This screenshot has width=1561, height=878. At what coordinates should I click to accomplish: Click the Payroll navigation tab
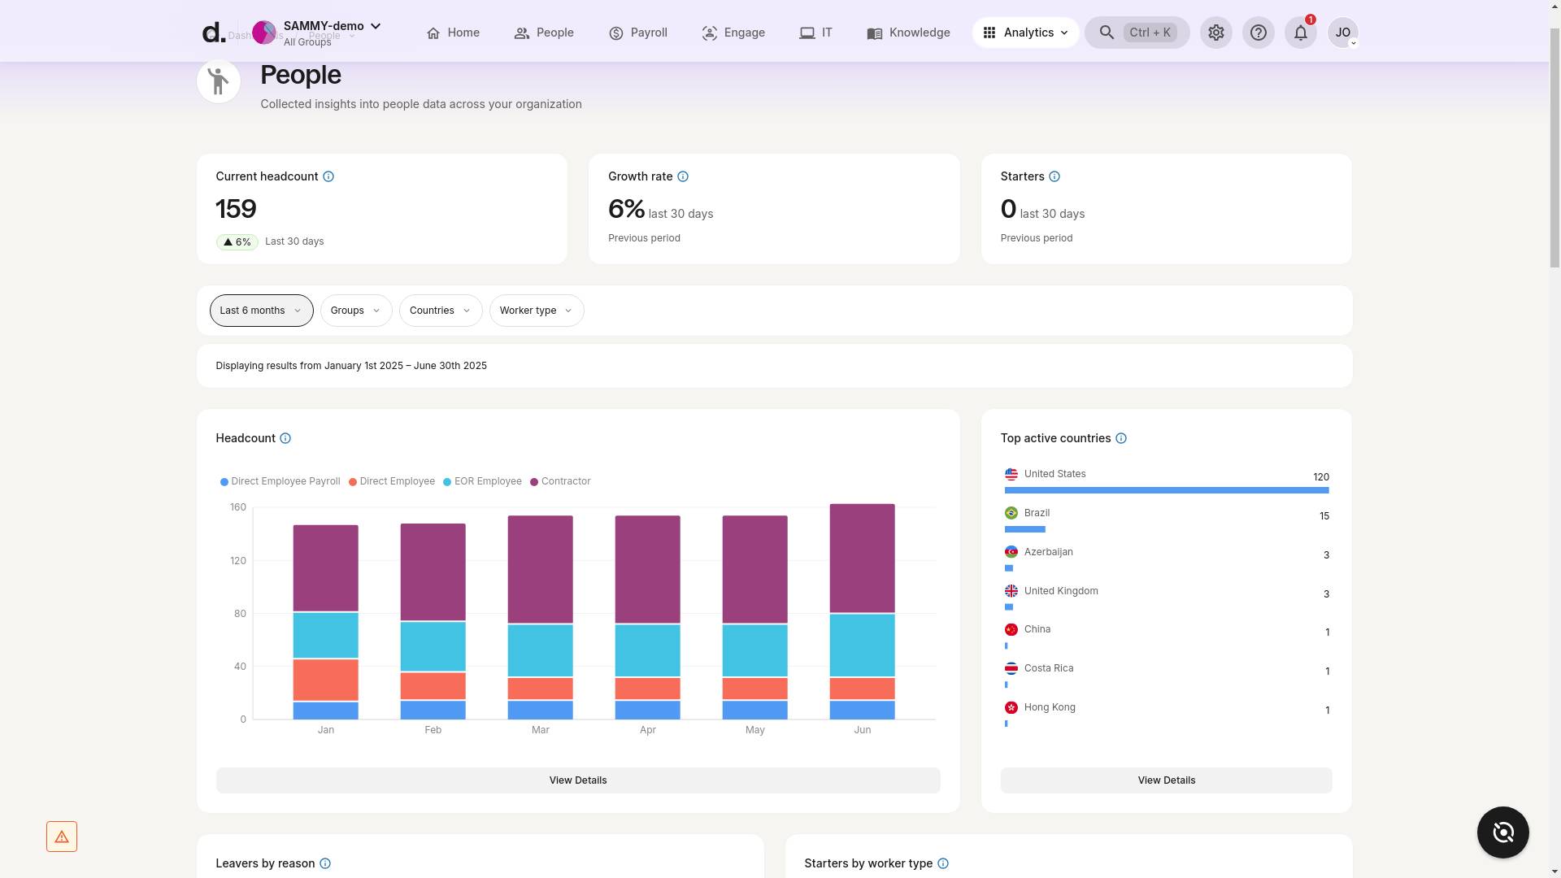pyautogui.click(x=638, y=33)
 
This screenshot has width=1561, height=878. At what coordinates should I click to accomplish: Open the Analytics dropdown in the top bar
pyautogui.click(x=1026, y=33)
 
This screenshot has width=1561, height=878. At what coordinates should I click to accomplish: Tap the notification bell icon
pyautogui.click(x=1300, y=33)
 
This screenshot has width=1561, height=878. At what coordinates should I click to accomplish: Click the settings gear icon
pyautogui.click(x=1215, y=33)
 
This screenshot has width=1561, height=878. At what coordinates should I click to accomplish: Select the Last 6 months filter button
pyautogui.click(x=261, y=311)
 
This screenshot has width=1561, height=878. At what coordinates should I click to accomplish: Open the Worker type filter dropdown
pyautogui.click(x=536, y=311)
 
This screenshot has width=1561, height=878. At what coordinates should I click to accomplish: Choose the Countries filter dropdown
pyautogui.click(x=440, y=311)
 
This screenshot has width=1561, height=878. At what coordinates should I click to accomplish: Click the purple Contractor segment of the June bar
pyautogui.click(x=862, y=558)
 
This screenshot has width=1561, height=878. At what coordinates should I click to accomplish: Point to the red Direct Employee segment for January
pyautogui.click(x=325, y=680)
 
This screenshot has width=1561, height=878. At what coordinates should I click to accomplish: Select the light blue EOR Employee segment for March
pyautogui.click(x=540, y=650)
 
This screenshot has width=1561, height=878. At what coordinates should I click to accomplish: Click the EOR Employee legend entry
pyautogui.click(x=483, y=481)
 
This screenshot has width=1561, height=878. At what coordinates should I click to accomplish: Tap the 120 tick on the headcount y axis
pyautogui.click(x=237, y=561)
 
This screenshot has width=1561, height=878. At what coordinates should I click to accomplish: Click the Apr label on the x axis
pyautogui.click(x=647, y=730)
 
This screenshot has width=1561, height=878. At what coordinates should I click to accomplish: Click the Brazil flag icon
pyautogui.click(x=1011, y=513)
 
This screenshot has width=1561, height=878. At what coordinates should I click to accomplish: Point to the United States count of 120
pyautogui.click(x=1320, y=477)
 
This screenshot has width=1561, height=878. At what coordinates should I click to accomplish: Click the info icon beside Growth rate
pyautogui.click(x=683, y=176)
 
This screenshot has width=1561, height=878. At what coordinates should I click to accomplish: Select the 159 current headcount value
pyautogui.click(x=236, y=209)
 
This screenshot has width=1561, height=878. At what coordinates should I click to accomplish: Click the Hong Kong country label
pyautogui.click(x=1049, y=707)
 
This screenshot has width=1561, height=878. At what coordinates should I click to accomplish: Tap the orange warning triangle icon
pyautogui.click(x=62, y=837)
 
